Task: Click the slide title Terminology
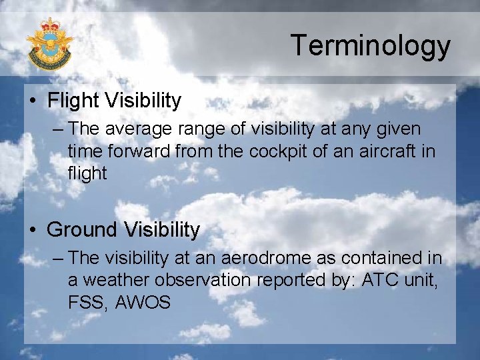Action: point(370,45)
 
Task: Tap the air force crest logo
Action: point(49,44)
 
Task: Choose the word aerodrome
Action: point(258,257)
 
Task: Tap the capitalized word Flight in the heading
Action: point(71,101)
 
